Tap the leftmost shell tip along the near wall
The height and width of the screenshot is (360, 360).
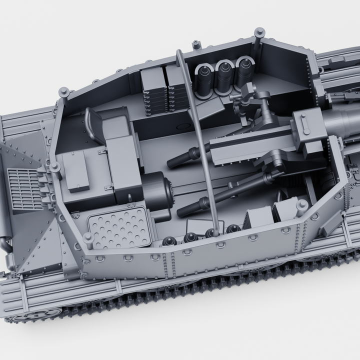pos(168,241)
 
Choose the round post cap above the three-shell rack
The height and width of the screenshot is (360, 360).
pos(258,34)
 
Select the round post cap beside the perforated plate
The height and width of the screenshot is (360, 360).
pos(88,239)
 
